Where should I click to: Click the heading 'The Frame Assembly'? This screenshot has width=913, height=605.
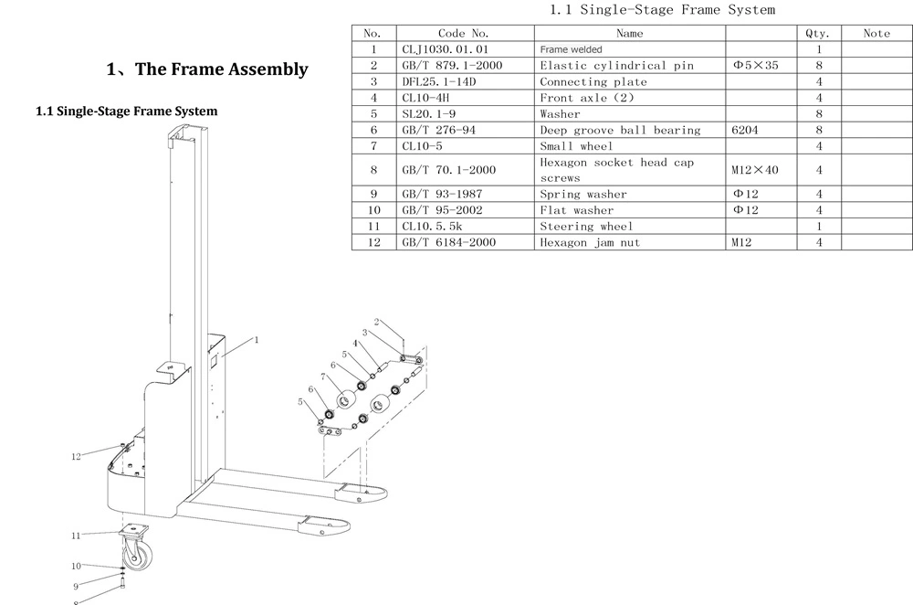(x=221, y=69)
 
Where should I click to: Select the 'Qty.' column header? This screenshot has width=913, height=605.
(x=817, y=33)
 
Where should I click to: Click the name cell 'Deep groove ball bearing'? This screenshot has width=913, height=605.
(x=620, y=130)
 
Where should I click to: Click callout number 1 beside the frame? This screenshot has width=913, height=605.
(x=257, y=340)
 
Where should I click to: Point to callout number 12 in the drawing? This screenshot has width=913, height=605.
(x=76, y=456)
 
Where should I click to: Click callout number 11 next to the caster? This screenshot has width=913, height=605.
(x=76, y=535)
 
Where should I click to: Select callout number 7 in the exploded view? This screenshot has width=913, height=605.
(x=323, y=377)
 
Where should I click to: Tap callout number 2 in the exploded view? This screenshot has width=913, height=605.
(x=377, y=322)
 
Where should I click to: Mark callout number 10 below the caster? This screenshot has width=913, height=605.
(x=76, y=566)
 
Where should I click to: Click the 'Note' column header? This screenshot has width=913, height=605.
(x=876, y=33)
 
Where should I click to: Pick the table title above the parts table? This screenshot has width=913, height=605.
(x=663, y=9)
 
